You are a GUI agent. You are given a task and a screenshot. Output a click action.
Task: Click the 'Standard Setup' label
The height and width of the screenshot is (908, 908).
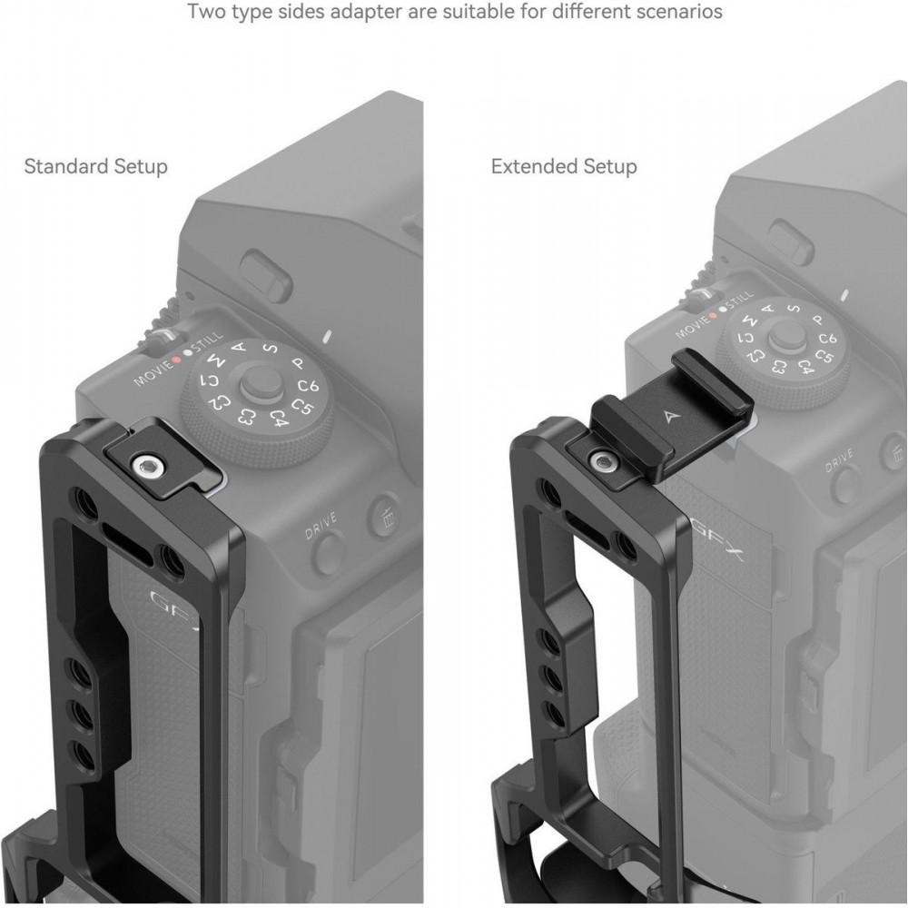(95, 166)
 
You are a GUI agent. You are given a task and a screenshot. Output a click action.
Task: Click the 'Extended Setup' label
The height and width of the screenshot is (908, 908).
(564, 166)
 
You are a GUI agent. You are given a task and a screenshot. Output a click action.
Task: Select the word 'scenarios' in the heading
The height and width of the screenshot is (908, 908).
(678, 11)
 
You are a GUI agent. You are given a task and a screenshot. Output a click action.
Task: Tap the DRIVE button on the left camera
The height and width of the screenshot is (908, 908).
(328, 551)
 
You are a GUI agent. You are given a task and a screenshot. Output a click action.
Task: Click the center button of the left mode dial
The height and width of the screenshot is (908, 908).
(258, 383)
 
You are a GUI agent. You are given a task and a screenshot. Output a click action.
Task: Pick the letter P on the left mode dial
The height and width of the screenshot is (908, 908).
(298, 363)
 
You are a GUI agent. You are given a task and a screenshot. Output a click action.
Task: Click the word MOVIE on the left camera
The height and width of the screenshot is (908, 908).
(153, 373)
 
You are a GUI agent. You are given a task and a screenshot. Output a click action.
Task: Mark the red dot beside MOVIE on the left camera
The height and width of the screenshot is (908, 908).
(177, 359)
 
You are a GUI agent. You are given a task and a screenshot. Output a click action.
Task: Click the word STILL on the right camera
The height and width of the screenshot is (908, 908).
(737, 301)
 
